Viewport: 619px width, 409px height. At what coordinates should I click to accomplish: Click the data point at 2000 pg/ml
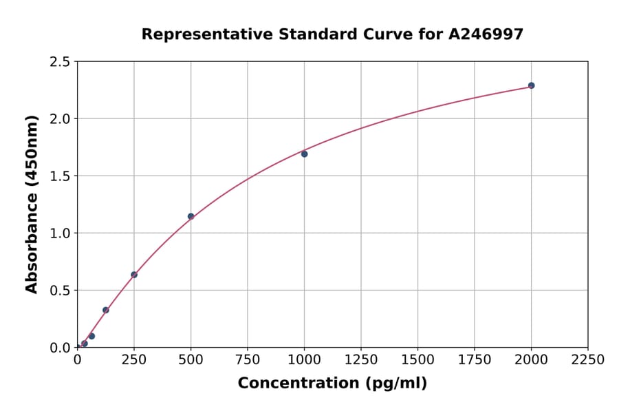click(531, 85)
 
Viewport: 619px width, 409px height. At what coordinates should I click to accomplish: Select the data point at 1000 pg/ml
click(304, 154)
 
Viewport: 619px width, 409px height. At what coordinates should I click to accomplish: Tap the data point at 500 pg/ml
click(191, 216)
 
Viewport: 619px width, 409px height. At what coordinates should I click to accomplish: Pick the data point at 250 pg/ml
click(134, 275)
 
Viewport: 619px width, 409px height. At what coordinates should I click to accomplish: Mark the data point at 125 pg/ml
click(106, 310)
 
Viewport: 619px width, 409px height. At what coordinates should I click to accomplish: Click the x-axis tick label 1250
click(361, 359)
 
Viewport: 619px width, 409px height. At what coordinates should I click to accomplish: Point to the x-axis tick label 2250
click(588, 359)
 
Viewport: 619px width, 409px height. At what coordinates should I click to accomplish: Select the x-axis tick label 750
click(248, 359)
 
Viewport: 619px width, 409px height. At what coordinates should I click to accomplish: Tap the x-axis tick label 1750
click(475, 359)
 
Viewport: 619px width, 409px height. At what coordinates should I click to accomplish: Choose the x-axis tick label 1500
click(417, 359)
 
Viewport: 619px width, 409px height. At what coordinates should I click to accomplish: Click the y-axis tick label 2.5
click(60, 62)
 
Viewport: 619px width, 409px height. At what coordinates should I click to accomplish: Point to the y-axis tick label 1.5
click(60, 176)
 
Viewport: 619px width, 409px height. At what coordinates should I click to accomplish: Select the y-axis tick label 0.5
click(60, 291)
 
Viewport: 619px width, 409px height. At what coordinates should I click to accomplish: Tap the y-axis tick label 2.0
click(60, 119)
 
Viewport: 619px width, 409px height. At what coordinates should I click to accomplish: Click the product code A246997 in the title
click(486, 34)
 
